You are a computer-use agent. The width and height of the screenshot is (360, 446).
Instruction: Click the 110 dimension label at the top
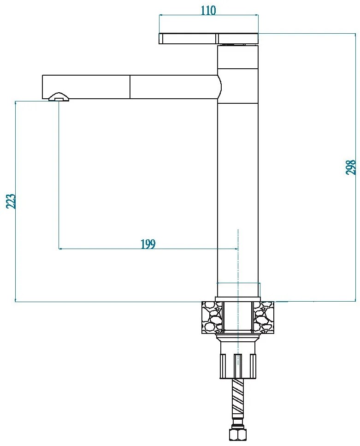[208, 11]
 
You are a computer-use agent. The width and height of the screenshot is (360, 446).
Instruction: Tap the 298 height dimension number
[351, 167]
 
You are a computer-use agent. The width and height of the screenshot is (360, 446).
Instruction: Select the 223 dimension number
[11, 201]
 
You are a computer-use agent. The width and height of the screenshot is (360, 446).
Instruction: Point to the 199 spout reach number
[148, 244]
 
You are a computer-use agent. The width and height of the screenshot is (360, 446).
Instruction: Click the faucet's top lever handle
[208, 39]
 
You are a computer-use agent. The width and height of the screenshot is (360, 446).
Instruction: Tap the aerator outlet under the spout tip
[59, 97]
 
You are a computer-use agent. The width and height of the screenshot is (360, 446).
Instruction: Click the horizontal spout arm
[131, 87]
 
